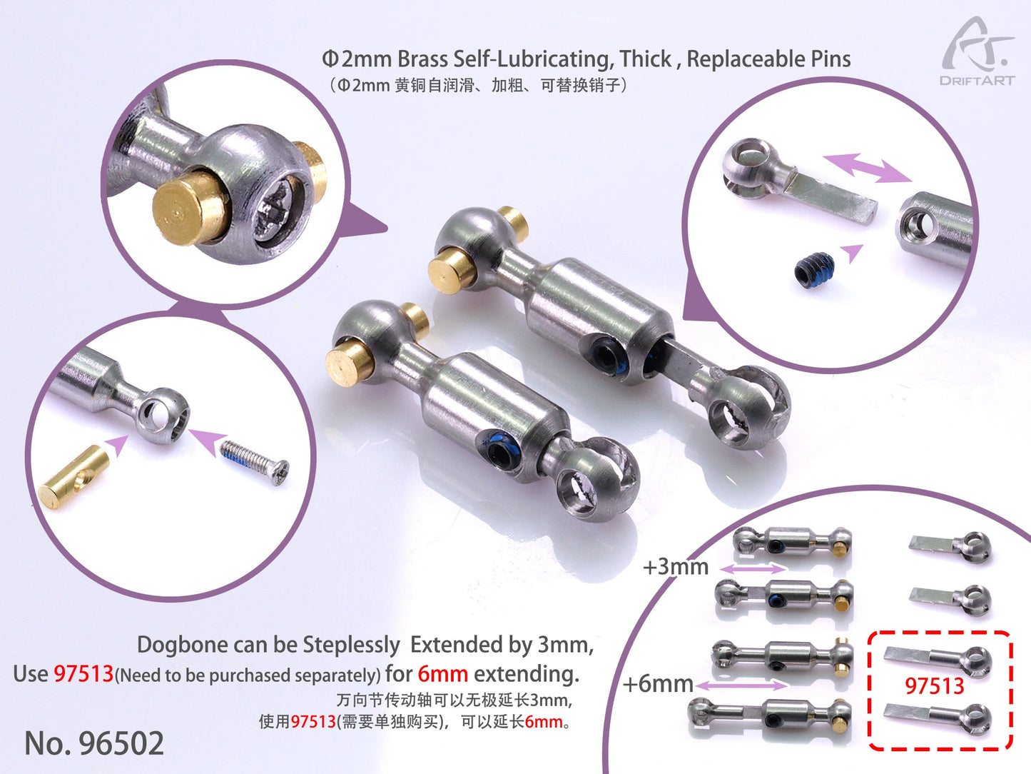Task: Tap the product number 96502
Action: pyautogui.click(x=94, y=743)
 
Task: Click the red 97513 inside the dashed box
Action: pyautogui.click(x=934, y=686)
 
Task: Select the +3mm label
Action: pyautogui.click(x=675, y=567)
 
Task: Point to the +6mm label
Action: pyautogui.click(x=657, y=683)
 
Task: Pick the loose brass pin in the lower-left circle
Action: pyautogui.click(x=74, y=477)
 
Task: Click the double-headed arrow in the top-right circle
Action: pyautogui.click(x=867, y=168)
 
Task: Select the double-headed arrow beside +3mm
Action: pyautogui.click(x=753, y=568)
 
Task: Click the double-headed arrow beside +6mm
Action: pyautogui.click(x=742, y=685)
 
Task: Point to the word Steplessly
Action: pyautogui.click(x=351, y=645)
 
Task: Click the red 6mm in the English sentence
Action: pyautogui.click(x=442, y=673)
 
